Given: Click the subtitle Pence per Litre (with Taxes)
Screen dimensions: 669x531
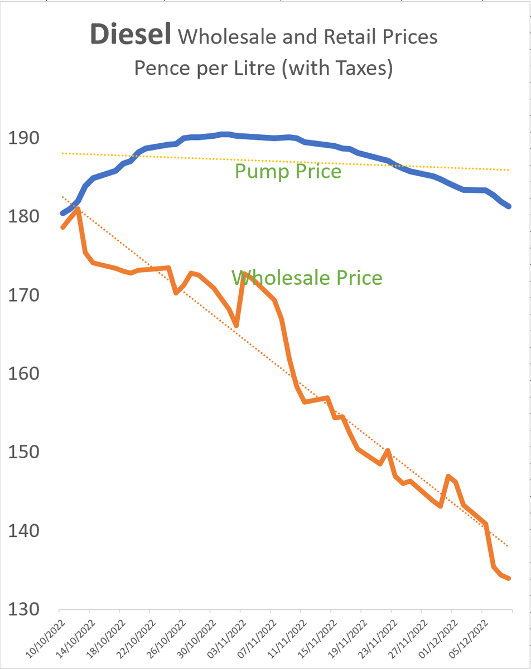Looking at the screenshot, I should tap(263, 69).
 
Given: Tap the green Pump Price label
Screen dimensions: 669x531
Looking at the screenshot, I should tap(288, 171).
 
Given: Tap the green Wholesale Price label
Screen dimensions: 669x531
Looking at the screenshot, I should tap(307, 277).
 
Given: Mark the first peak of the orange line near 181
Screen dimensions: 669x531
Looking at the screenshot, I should tap(79, 209).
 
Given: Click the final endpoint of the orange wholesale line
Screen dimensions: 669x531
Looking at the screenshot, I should tap(509, 579).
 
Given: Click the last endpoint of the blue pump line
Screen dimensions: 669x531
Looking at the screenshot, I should tap(509, 207).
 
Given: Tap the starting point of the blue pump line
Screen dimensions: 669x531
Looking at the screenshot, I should tap(62, 214).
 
